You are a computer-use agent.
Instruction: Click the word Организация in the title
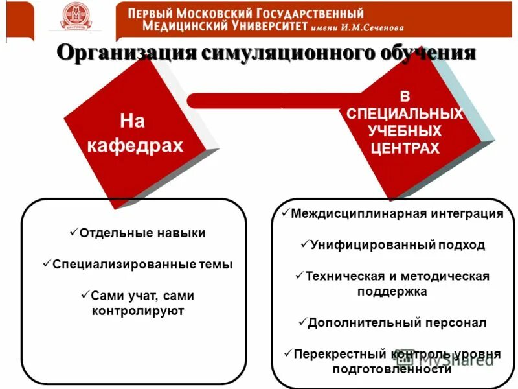coord(126,53)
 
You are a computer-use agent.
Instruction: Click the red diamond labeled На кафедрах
coord(135,134)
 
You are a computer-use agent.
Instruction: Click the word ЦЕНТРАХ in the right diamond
coord(405,148)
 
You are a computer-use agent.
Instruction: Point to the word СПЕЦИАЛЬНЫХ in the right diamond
coord(405,114)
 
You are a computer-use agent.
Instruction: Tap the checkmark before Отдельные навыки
coord(73,231)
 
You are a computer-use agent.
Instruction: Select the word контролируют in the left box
coord(138,311)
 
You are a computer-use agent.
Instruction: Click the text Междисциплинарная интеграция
coord(397,214)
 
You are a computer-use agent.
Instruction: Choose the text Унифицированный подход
coord(397,246)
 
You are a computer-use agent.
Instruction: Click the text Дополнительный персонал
coord(397,322)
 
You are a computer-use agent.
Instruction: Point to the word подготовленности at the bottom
coord(392,370)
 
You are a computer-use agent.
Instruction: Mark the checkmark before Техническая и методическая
coord(299,275)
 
